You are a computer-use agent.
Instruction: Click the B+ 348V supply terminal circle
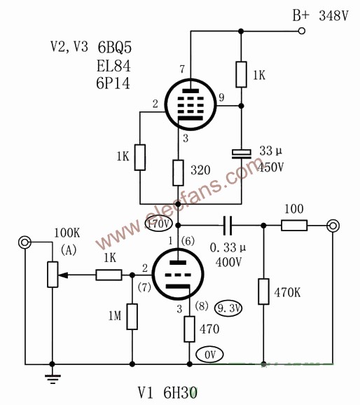point(302,31)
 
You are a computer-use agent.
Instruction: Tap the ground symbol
point(53,378)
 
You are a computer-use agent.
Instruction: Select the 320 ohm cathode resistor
point(178,173)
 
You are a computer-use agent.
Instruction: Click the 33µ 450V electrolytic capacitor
point(241,154)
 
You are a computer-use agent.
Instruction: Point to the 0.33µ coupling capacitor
point(228,226)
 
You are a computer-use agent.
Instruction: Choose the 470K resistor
point(263,291)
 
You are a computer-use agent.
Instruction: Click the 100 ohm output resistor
point(294,225)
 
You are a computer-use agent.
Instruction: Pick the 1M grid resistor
point(132,317)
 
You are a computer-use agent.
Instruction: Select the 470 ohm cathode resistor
point(189,329)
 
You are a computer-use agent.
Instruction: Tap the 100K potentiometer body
point(53,274)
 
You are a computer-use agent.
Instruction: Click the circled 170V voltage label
point(158,224)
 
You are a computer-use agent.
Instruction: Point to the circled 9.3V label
point(228,308)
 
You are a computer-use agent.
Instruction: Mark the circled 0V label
point(209,355)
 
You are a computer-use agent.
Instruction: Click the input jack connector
point(25,242)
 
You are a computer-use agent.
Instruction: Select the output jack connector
point(333,226)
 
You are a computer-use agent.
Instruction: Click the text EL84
point(113,66)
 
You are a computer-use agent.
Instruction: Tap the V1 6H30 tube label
point(168,392)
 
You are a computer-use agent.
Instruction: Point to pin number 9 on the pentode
point(221,97)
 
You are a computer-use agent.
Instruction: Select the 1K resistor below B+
point(241,74)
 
